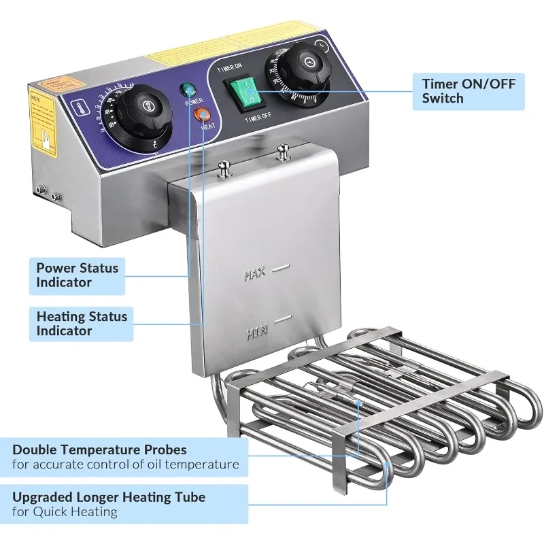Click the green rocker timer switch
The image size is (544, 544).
pos(243,93)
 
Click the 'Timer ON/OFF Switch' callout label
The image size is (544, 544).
pos(469,91)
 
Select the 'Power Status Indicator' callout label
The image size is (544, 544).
pos(77,275)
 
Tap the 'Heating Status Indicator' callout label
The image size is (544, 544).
pos(82,323)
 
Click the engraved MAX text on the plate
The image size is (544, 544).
pos(254,275)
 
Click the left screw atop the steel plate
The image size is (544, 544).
pos(222,167)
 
